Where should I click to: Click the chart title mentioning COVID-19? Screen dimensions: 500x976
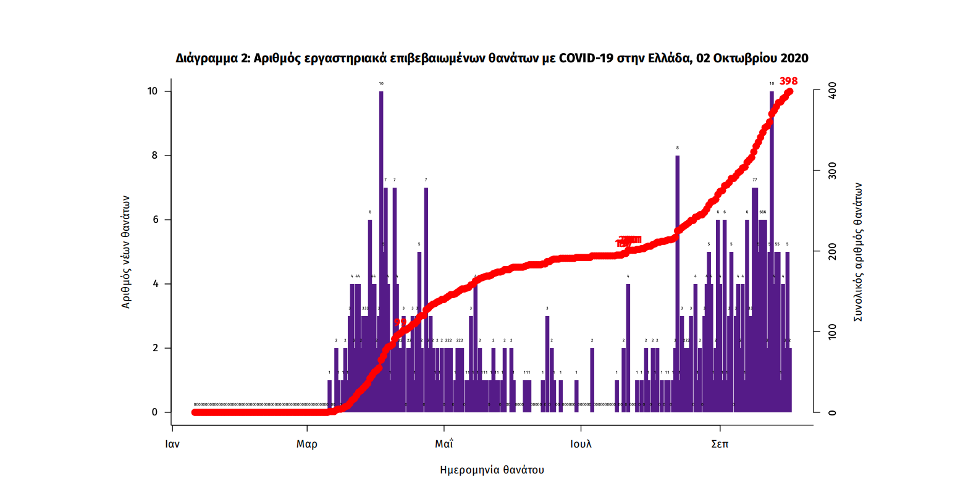coord(492,58)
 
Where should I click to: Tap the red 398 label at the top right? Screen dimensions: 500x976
coord(788,81)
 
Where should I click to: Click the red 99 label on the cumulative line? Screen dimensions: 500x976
coord(400,322)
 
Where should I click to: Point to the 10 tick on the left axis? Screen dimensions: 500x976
coord(153,91)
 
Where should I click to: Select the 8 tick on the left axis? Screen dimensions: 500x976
coord(155,156)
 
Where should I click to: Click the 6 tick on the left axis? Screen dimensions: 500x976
coord(155,220)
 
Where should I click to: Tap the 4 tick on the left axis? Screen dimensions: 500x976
coord(155,284)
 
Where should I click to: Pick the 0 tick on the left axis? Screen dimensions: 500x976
coord(155,412)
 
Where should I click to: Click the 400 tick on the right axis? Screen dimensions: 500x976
coord(832,91)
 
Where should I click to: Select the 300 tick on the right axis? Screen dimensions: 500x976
coord(832,171)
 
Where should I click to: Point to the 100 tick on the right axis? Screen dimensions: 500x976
coord(832,332)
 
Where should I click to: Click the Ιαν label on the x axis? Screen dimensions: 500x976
coord(172,444)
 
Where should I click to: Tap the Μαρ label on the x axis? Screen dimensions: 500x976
coord(307,444)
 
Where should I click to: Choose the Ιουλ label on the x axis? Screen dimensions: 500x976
coord(581,444)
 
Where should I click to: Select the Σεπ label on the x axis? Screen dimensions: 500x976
coord(720,444)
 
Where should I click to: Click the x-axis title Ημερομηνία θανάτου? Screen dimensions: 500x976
coord(492,470)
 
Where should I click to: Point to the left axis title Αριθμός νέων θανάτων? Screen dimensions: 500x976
coord(126,252)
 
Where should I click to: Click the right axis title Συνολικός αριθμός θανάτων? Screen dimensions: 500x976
coord(858,252)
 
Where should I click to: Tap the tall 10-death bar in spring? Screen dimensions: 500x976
coord(381,247)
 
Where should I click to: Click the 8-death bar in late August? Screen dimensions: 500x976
coord(678,278)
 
